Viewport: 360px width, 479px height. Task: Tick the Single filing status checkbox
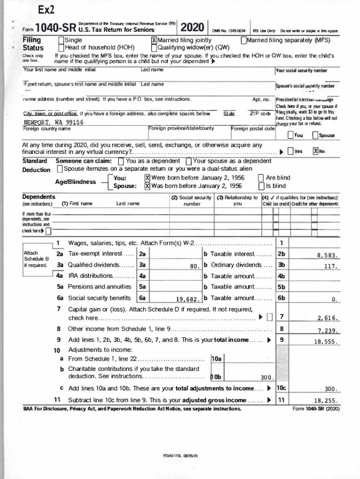click(61, 40)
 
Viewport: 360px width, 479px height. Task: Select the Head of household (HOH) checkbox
click(61, 47)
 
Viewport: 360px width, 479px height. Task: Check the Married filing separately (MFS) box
click(244, 40)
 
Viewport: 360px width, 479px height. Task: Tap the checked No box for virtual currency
click(316, 151)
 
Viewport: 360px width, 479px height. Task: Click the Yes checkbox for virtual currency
click(291, 151)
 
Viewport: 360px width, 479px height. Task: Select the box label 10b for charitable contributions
click(216, 377)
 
